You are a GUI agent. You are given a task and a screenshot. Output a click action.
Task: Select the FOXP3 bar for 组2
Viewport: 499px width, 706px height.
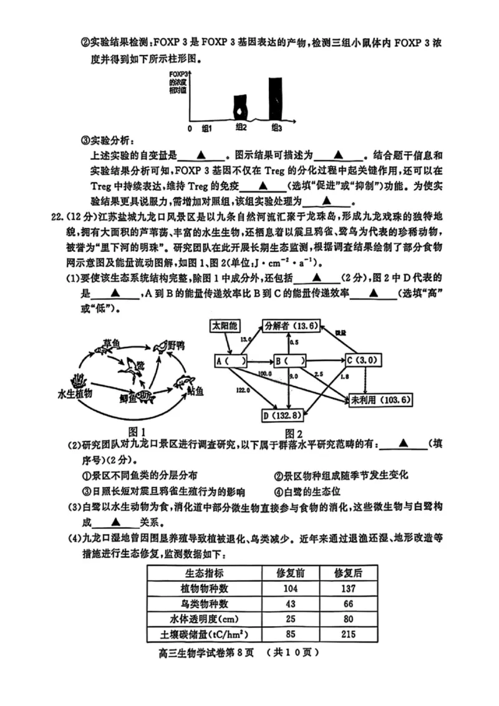pyautogui.click(x=240, y=108)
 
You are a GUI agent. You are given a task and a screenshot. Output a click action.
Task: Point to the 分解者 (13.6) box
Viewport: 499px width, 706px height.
pyautogui.click(x=291, y=326)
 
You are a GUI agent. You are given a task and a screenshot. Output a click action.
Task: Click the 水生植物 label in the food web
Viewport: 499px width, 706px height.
pyautogui.click(x=74, y=394)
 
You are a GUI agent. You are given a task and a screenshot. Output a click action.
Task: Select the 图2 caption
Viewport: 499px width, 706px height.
pyautogui.click(x=293, y=433)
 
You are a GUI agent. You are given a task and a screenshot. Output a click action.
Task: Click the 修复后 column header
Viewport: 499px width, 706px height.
pyautogui.click(x=348, y=574)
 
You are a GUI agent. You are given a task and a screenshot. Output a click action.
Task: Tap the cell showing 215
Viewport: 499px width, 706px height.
pyautogui.click(x=348, y=634)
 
